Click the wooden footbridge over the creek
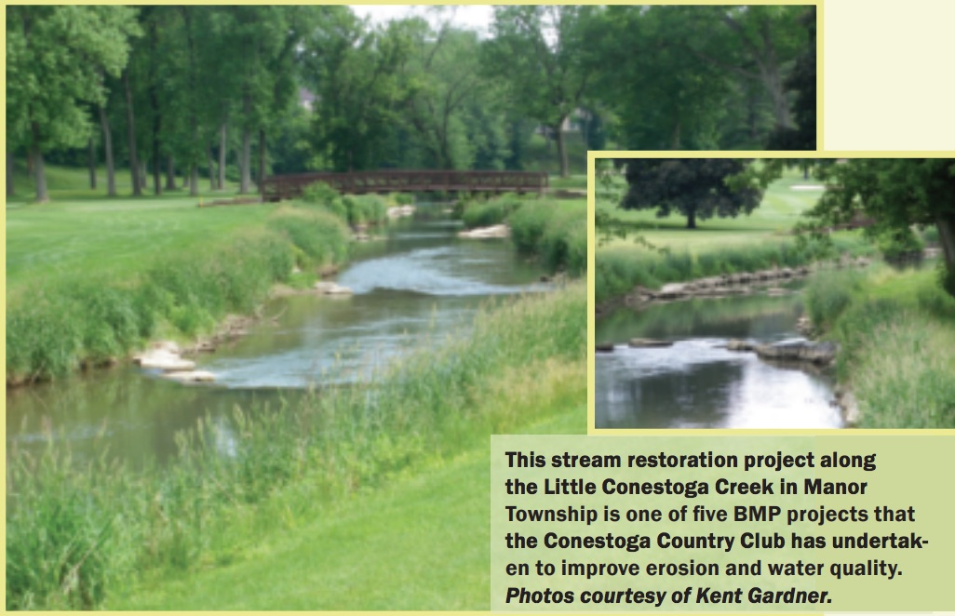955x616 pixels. (x=404, y=181)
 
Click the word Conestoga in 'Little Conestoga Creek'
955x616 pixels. (x=666, y=487)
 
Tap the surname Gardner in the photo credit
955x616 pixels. (x=795, y=596)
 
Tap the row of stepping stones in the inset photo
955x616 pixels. (x=717, y=281)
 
